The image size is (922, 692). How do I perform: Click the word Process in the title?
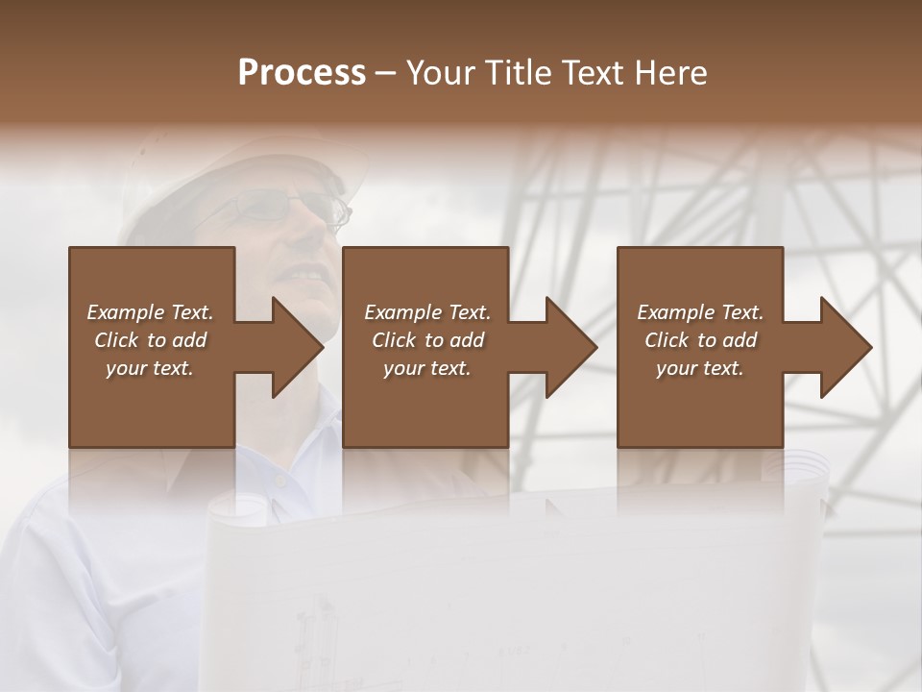coord(302,73)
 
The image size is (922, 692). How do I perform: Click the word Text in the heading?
coord(595,73)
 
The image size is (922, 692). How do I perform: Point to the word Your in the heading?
coord(443,73)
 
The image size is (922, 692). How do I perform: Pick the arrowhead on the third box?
coord(844,347)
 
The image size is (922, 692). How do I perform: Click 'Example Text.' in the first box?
coord(150,312)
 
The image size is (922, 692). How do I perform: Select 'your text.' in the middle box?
coord(426,368)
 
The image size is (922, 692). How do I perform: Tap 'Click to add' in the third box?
coord(700,340)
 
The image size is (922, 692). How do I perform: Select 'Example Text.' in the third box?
coord(700,312)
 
